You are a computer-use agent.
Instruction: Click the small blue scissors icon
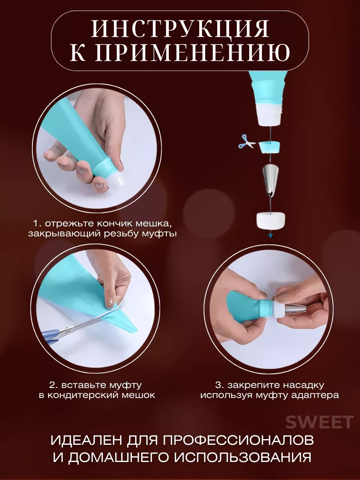pos(247,142)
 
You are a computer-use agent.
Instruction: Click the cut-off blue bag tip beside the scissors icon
pos(270,146)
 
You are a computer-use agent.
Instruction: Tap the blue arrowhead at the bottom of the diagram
pos(271,236)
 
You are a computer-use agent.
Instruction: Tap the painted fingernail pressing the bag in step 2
pos(109,303)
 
